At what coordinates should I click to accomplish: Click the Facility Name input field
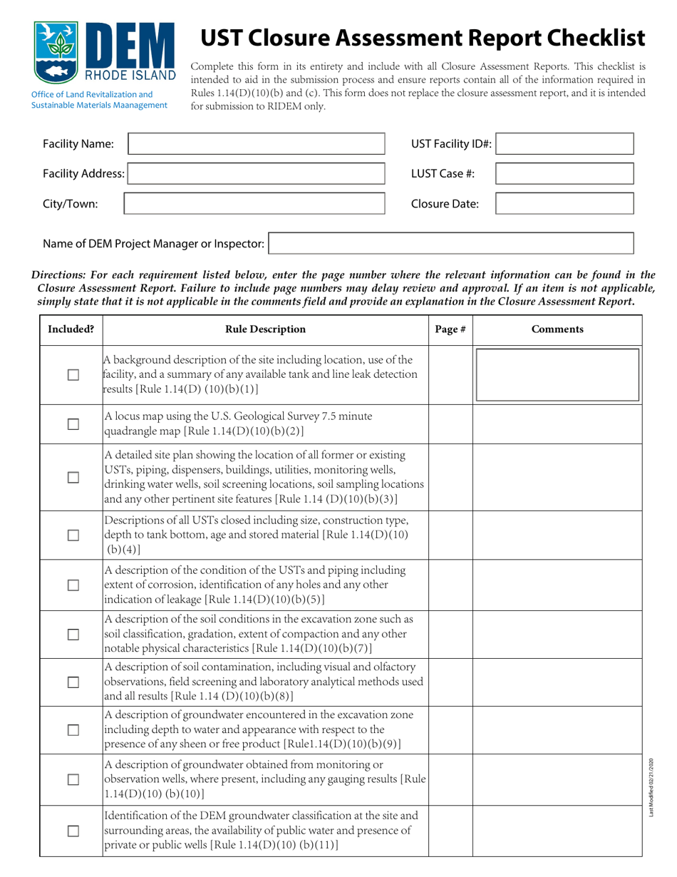tap(256, 144)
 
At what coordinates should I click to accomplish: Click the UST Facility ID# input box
tap(564, 144)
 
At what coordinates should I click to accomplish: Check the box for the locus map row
tap(71, 424)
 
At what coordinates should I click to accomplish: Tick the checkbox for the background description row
tap(71, 375)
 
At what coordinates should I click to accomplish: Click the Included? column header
tap(71, 329)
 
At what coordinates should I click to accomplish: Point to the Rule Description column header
tap(265, 329)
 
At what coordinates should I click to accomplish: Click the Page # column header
tap(450, 329)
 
